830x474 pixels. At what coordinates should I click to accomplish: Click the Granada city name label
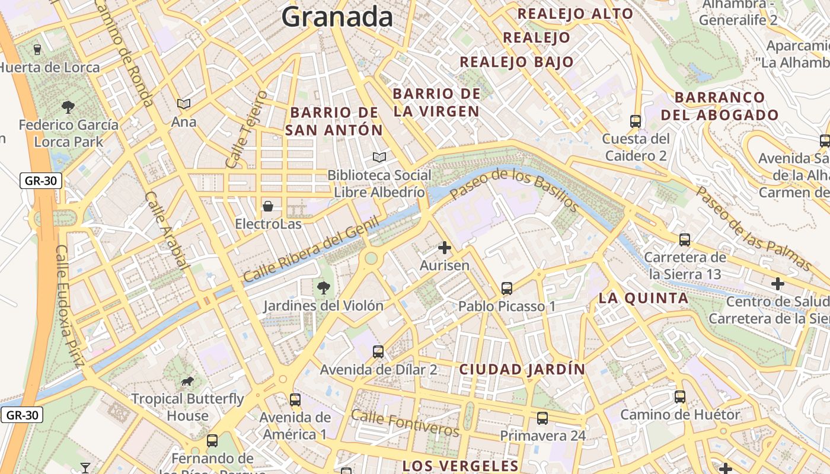[337, 17]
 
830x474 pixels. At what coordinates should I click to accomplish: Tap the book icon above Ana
[184, 104]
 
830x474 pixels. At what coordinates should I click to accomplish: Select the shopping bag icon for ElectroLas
[268, 206]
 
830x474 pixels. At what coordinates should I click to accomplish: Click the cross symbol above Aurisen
[445, 248]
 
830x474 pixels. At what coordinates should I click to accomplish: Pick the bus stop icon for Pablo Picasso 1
[507, 289]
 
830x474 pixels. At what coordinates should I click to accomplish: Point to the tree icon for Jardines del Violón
[323, 288]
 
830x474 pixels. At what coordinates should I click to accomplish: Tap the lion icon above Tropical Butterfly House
[187, 381]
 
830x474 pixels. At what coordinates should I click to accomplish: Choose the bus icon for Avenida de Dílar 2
[378, 352]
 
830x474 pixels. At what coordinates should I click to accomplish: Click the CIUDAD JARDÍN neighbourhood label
[522, 370]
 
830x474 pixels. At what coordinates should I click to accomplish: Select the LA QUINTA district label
[643, 298]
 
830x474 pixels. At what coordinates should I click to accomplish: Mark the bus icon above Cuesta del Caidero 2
[636, 121]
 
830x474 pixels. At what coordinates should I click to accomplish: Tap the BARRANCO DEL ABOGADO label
[720, 106]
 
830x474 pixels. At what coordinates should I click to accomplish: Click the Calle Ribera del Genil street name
[311, 249]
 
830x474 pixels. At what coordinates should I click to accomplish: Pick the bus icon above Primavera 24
[542, 418]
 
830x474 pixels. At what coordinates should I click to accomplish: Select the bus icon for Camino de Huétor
[680, 397]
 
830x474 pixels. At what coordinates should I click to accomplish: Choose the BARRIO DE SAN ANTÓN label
[334, 121]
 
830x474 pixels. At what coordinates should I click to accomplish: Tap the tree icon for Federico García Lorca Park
[68, 107]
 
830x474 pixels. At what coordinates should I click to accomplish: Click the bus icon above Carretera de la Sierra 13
[685, 240]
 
